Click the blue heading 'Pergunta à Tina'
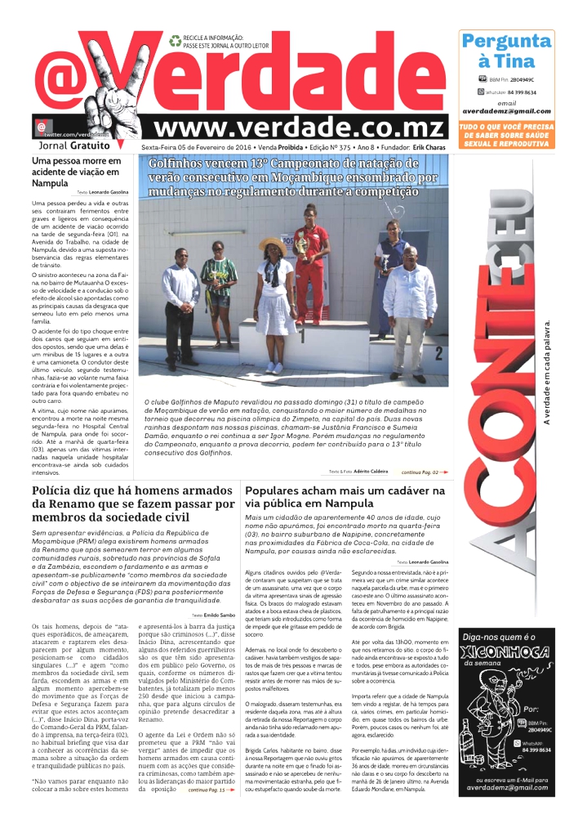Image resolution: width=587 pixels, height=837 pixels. point(506,51)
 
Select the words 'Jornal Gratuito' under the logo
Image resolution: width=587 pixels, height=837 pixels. point(75,145)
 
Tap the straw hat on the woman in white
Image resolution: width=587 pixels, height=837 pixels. point(273,243)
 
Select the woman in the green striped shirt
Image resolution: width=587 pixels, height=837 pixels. point(219,282)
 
